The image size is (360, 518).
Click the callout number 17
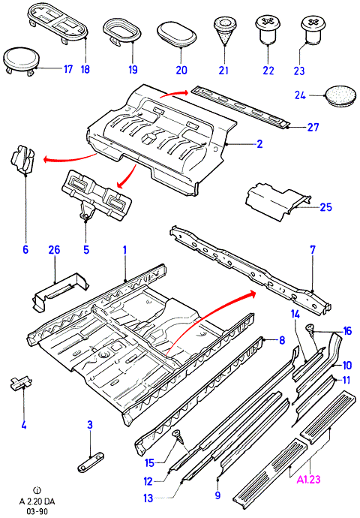click(68, 69)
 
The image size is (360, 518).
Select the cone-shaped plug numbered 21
click(224, 32)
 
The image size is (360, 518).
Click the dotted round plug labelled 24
click(340, 95)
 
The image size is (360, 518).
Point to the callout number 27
click(313, 127)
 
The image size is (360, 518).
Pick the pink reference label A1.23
click(308, 480)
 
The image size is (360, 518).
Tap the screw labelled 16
click(311, 330)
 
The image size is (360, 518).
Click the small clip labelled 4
click(22, 384)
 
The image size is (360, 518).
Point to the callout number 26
click(55, 250)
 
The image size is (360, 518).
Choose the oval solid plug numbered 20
click(176, 34)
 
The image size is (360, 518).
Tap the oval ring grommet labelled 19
click(122, 32)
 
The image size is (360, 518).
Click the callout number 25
click(326, 207)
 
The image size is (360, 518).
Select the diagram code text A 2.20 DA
click(37, 501)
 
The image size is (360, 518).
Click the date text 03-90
click(37, 511)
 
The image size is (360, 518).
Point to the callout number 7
click(313, 249)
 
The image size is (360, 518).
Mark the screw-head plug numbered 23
click(313, 29)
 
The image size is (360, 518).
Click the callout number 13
click(148, 498)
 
